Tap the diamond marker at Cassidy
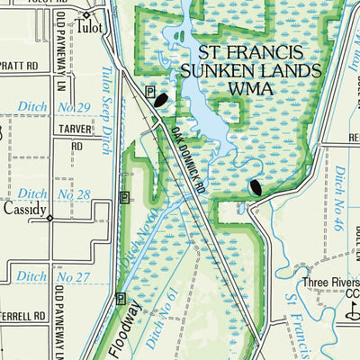tap(49, 218)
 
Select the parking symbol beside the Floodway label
tap(120, 300)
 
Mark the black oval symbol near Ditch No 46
tap(256, 187)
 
